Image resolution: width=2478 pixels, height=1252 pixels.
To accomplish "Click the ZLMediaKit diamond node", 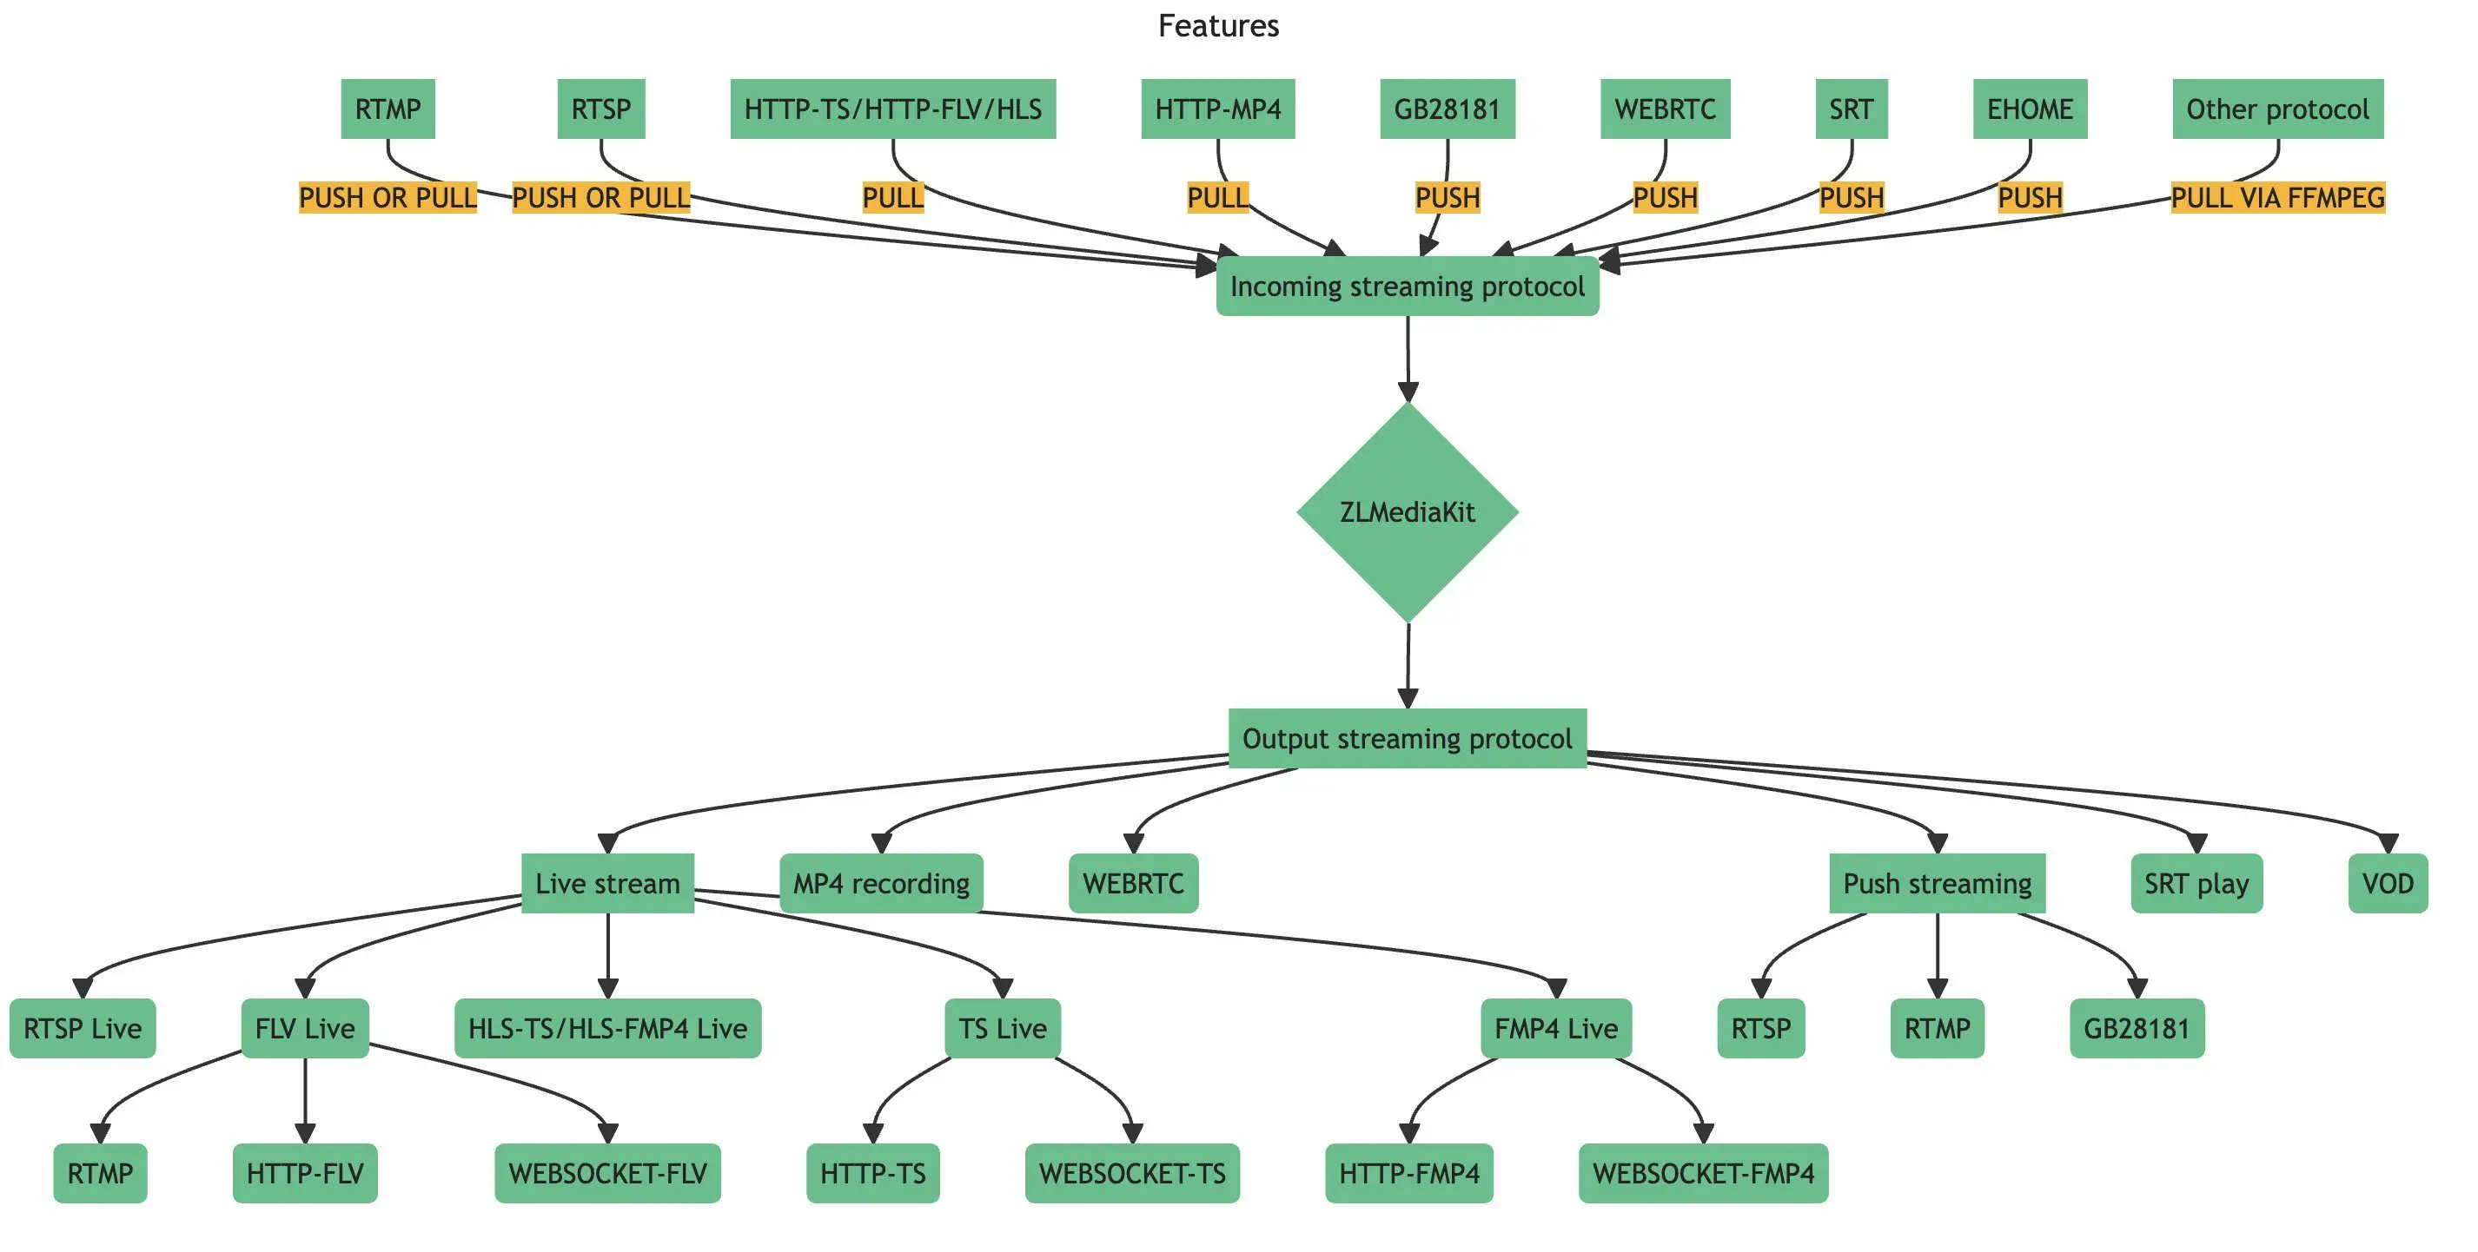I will pos(1408,511).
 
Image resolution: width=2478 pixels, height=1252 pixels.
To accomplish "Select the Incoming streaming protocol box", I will pos(1408,287).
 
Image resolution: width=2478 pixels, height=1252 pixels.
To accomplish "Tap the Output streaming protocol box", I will pos(1408,739).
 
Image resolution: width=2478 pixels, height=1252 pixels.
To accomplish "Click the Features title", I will pos(1218,26).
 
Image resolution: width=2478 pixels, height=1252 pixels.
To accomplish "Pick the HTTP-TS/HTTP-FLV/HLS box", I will pos(892,109).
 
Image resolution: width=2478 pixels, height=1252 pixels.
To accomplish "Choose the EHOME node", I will pos(2030,109).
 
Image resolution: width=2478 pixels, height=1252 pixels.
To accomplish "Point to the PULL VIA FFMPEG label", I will pos(2278,198).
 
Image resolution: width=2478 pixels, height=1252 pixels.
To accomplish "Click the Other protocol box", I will pos(2278,109).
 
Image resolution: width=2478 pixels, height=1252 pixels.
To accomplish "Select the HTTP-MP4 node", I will pos(1218,109).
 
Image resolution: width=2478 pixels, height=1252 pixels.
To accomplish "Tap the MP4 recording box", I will pos(881,884).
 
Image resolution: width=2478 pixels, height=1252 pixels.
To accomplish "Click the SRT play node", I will pos(2196,884).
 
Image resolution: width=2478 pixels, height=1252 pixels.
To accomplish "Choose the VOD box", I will pos(2388,884).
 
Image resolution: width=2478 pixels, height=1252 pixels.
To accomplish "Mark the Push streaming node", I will pos(1937,884).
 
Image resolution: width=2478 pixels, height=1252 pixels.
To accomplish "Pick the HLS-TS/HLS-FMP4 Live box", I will pos(607,1029).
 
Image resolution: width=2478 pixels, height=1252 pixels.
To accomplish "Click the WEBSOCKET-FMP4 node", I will pos(1703,1174).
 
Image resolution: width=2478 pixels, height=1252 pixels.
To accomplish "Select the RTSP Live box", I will pos(83,1029).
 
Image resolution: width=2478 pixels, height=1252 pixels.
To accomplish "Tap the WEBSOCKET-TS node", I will pos(1132,1174).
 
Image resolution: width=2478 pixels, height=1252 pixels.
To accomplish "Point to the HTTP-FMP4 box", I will pos(1409,1174).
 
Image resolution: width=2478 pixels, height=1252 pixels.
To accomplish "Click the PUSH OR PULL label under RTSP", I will pos(601,198).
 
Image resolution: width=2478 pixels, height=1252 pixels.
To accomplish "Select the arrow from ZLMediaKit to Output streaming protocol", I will pos(1408,665).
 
